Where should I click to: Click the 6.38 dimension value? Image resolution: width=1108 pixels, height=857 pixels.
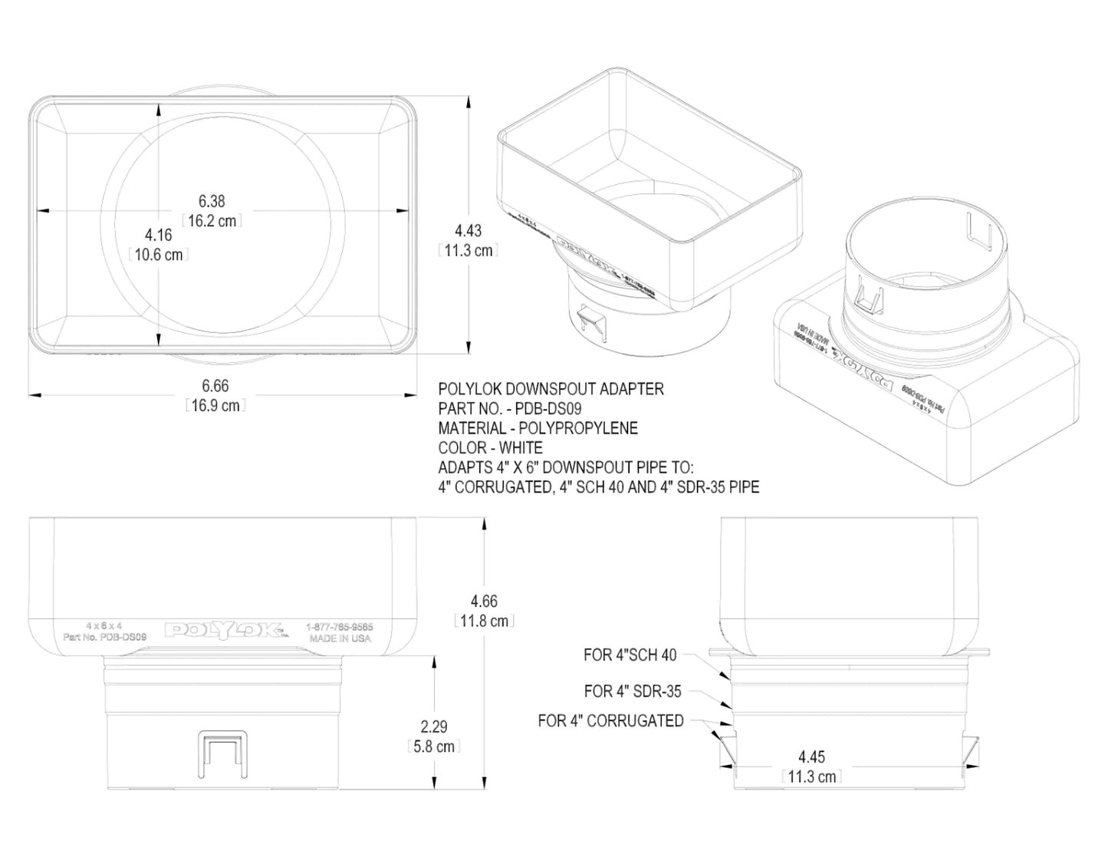click(x=212, y=202)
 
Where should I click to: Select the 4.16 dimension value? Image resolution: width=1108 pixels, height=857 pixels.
click(x=159, y=236)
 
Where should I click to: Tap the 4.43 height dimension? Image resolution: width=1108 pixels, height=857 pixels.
click(x=468, y=231)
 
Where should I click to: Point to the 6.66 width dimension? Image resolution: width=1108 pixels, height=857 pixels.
click(x=215, y=386)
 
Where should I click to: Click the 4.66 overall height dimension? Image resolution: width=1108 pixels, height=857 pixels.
click(x=483, y=602)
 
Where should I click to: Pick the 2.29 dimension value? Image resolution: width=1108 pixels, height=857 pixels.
click(x=434, y=727)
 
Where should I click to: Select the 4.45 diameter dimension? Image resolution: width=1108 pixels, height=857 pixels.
click(x=811, y=757)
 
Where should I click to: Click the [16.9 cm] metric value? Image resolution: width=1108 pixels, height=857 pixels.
click(x=215, y=406)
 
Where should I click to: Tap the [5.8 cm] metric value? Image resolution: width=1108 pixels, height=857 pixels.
click(x=434, y=747)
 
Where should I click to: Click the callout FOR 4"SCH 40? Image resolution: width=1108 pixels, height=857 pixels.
click(x=630, y=655)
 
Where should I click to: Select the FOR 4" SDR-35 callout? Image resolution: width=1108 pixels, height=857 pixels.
click(x=633, y=691)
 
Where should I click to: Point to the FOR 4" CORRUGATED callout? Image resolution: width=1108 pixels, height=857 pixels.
click(x=610, y=721)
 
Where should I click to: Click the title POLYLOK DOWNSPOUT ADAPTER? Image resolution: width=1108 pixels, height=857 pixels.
click(x=551, y=389)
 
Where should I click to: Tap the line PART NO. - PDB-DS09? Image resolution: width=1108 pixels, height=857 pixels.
click(x=509, y=409)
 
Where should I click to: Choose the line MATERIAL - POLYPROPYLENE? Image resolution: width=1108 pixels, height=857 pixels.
click(x=538, y=428)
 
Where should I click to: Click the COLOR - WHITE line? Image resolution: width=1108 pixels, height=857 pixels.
click(x=490, y=448)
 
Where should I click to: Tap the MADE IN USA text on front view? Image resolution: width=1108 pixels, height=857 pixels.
click(x=340, y=638)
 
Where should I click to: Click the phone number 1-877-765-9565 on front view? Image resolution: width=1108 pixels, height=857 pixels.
click(x=339, y=627)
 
